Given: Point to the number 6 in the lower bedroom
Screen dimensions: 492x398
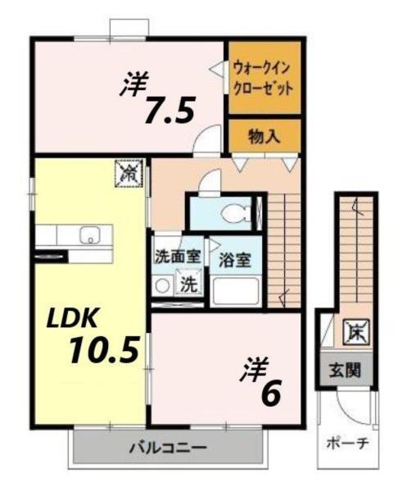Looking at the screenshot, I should click(271, 394).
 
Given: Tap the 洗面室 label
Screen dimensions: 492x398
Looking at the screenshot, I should click(176, 255).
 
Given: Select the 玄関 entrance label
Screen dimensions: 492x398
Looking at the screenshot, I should click(346, 370).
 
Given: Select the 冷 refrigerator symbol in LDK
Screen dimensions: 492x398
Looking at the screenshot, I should click(129, 173).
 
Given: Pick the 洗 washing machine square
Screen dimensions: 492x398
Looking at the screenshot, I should click(188, 286).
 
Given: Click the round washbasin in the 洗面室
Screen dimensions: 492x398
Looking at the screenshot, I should click(163, 286).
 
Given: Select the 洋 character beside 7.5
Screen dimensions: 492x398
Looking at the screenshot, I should click(135, 84).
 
